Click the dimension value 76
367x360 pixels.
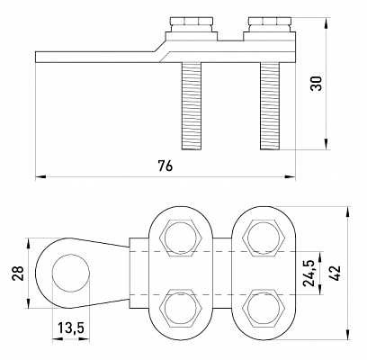(166, 166)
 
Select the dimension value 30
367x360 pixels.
(316, 84)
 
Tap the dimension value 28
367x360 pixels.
(18, 273)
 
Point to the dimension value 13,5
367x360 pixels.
(71, 328)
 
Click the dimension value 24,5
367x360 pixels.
(309, 273)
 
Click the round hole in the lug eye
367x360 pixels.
(71, 273)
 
